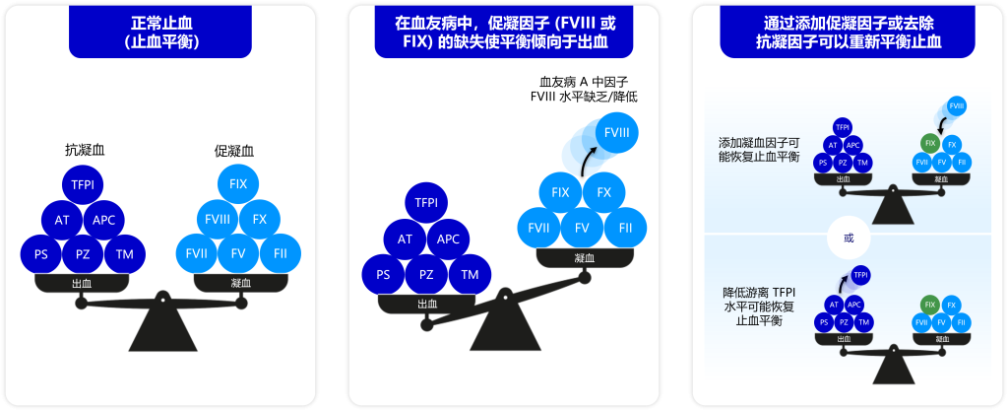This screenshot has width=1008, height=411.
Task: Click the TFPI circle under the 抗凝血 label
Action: tap(84, 184)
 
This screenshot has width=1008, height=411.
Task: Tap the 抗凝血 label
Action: tap(84, 150)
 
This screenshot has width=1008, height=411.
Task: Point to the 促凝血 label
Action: tap(233, 150)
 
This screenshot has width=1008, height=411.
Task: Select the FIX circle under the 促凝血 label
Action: tap(238, 184)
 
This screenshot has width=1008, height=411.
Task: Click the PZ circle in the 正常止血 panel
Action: tap(84, 254)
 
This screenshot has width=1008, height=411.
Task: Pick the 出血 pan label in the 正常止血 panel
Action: tap(83, 283)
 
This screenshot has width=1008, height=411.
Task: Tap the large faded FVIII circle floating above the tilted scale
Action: tap(617, 132)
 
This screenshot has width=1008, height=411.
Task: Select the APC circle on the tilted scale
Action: tap(448, 239)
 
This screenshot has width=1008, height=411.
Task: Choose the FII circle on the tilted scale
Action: tap(626, 228)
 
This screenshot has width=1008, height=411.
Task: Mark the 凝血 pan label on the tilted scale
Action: tap(583, 257)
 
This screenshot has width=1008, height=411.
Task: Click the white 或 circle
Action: tap(850, 238)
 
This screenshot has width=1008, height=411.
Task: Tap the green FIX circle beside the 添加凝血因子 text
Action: tap(929, 144)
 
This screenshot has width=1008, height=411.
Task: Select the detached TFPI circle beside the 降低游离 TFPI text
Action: tap(860, 275)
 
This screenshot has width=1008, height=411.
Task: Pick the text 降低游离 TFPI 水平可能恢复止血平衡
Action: tap(759, 307)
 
